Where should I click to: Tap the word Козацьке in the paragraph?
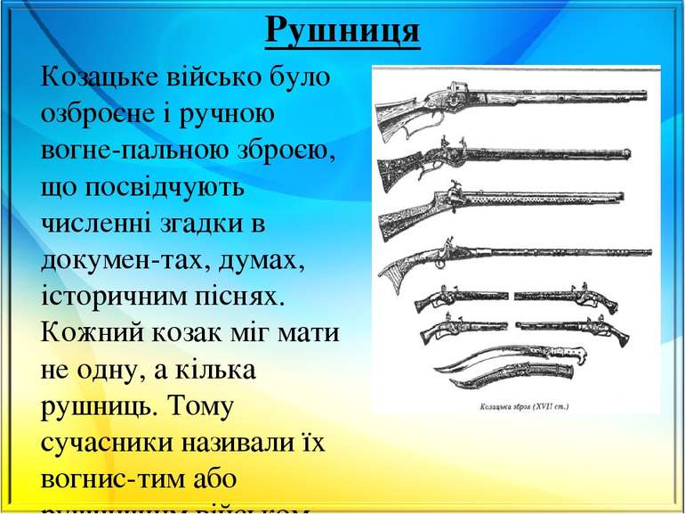click(x=101, y=78)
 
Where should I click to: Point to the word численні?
click(x=101, y=225)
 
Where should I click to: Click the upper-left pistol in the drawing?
click(x=460, y=296)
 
